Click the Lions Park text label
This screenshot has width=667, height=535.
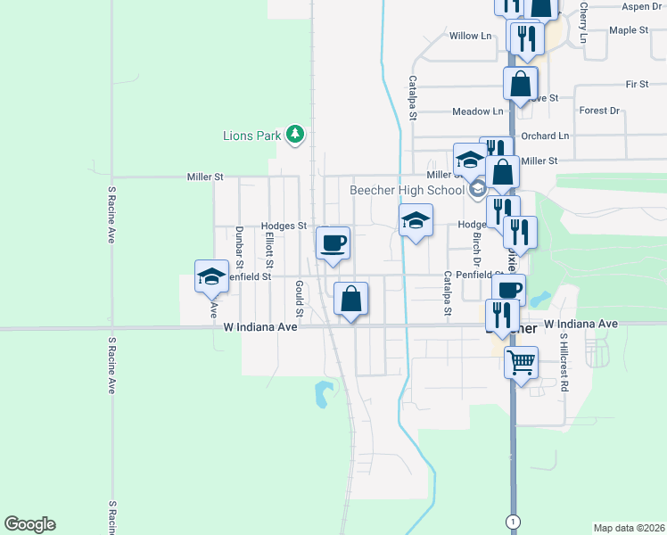pos(252,136)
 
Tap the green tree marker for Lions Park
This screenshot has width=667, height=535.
pos(296,135)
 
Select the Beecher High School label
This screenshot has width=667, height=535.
pos(407,190)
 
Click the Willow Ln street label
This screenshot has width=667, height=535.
pos(470,36)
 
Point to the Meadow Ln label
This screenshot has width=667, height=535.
pos(478,111)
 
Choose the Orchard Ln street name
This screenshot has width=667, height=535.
pos(545,136)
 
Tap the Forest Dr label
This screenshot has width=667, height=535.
pos(599,111)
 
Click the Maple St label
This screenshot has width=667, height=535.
pos(629,30)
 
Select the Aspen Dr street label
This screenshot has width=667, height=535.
pos(642,6)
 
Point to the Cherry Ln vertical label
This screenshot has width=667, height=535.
pos(583,22)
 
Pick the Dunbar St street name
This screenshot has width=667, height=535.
pos(239,247)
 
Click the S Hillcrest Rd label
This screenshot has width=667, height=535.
pos(564,364)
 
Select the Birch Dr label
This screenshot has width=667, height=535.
pos(476,248)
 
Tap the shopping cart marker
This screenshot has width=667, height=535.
pos(522,362)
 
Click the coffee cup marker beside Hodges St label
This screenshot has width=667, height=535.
pos(333,242)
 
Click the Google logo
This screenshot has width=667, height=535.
pos(29,524)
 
